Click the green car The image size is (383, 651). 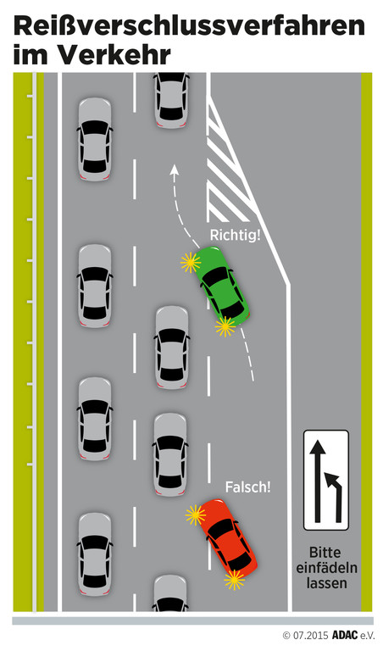pos(222,287)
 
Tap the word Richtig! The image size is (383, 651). pos(236,236)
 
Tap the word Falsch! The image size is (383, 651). pos(247,487)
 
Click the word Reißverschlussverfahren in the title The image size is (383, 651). pos(189,27)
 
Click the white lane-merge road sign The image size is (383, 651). pos(325,480)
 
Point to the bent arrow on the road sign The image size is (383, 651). pos(335,494)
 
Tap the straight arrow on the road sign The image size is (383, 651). pos(318,481)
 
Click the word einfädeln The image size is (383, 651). pos(326,568)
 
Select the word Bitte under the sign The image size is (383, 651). pos(325,552)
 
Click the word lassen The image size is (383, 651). pos(326,582)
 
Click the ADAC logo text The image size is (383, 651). pos(344,635)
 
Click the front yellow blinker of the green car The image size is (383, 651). pos(191,263)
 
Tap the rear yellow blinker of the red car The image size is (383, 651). pos(235,580)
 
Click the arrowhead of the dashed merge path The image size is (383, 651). pos(175,170)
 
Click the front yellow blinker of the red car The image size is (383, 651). pos(196,515)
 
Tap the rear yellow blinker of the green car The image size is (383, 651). pos(225,326)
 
